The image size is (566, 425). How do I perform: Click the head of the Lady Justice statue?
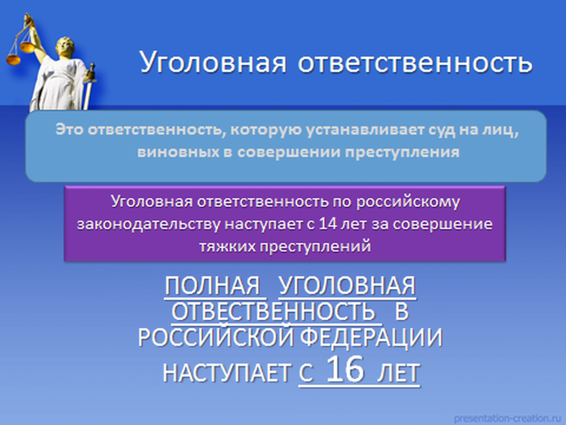(x=65, y=46)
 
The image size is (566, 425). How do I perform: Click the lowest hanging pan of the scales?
(x=13, y=59)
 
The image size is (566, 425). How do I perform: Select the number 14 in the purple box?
(x=328, y=224)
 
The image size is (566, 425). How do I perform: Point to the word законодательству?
(x=148, y=225)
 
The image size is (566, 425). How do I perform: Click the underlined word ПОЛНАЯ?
(x=213, y=286)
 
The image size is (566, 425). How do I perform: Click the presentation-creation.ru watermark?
(x=507, y=418)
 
